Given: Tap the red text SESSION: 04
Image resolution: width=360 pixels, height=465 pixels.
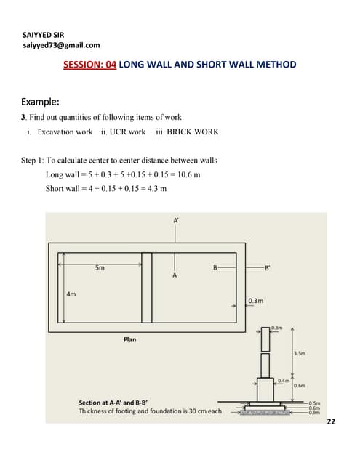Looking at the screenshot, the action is tap(90, 65).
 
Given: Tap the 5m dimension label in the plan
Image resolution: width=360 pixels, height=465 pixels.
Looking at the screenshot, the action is tap(100, 267).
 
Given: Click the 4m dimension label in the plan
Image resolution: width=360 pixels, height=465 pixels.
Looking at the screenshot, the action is tap(71, 294).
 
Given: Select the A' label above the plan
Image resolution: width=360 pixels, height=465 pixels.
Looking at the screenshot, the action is tap(177, 219).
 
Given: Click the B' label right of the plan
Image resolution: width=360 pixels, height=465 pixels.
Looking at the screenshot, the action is tap(267, 269).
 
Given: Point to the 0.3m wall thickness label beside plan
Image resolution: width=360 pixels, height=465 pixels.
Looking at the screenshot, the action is tap(255, 301).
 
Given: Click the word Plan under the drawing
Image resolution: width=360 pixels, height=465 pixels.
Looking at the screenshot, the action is tap(129, 339).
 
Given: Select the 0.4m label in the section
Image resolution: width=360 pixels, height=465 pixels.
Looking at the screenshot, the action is tap(283, 380).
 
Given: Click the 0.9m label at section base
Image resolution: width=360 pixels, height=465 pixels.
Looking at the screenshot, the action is tap(315, 413).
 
